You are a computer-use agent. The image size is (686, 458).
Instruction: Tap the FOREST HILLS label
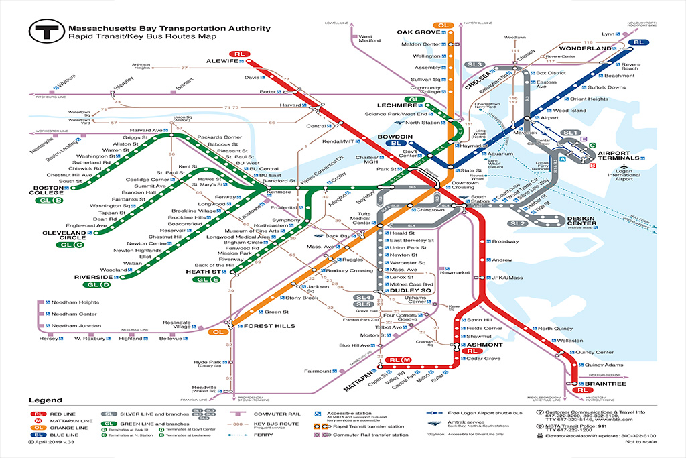tap(261, 327)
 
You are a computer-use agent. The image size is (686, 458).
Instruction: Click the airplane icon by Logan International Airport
tap(624, 167)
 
